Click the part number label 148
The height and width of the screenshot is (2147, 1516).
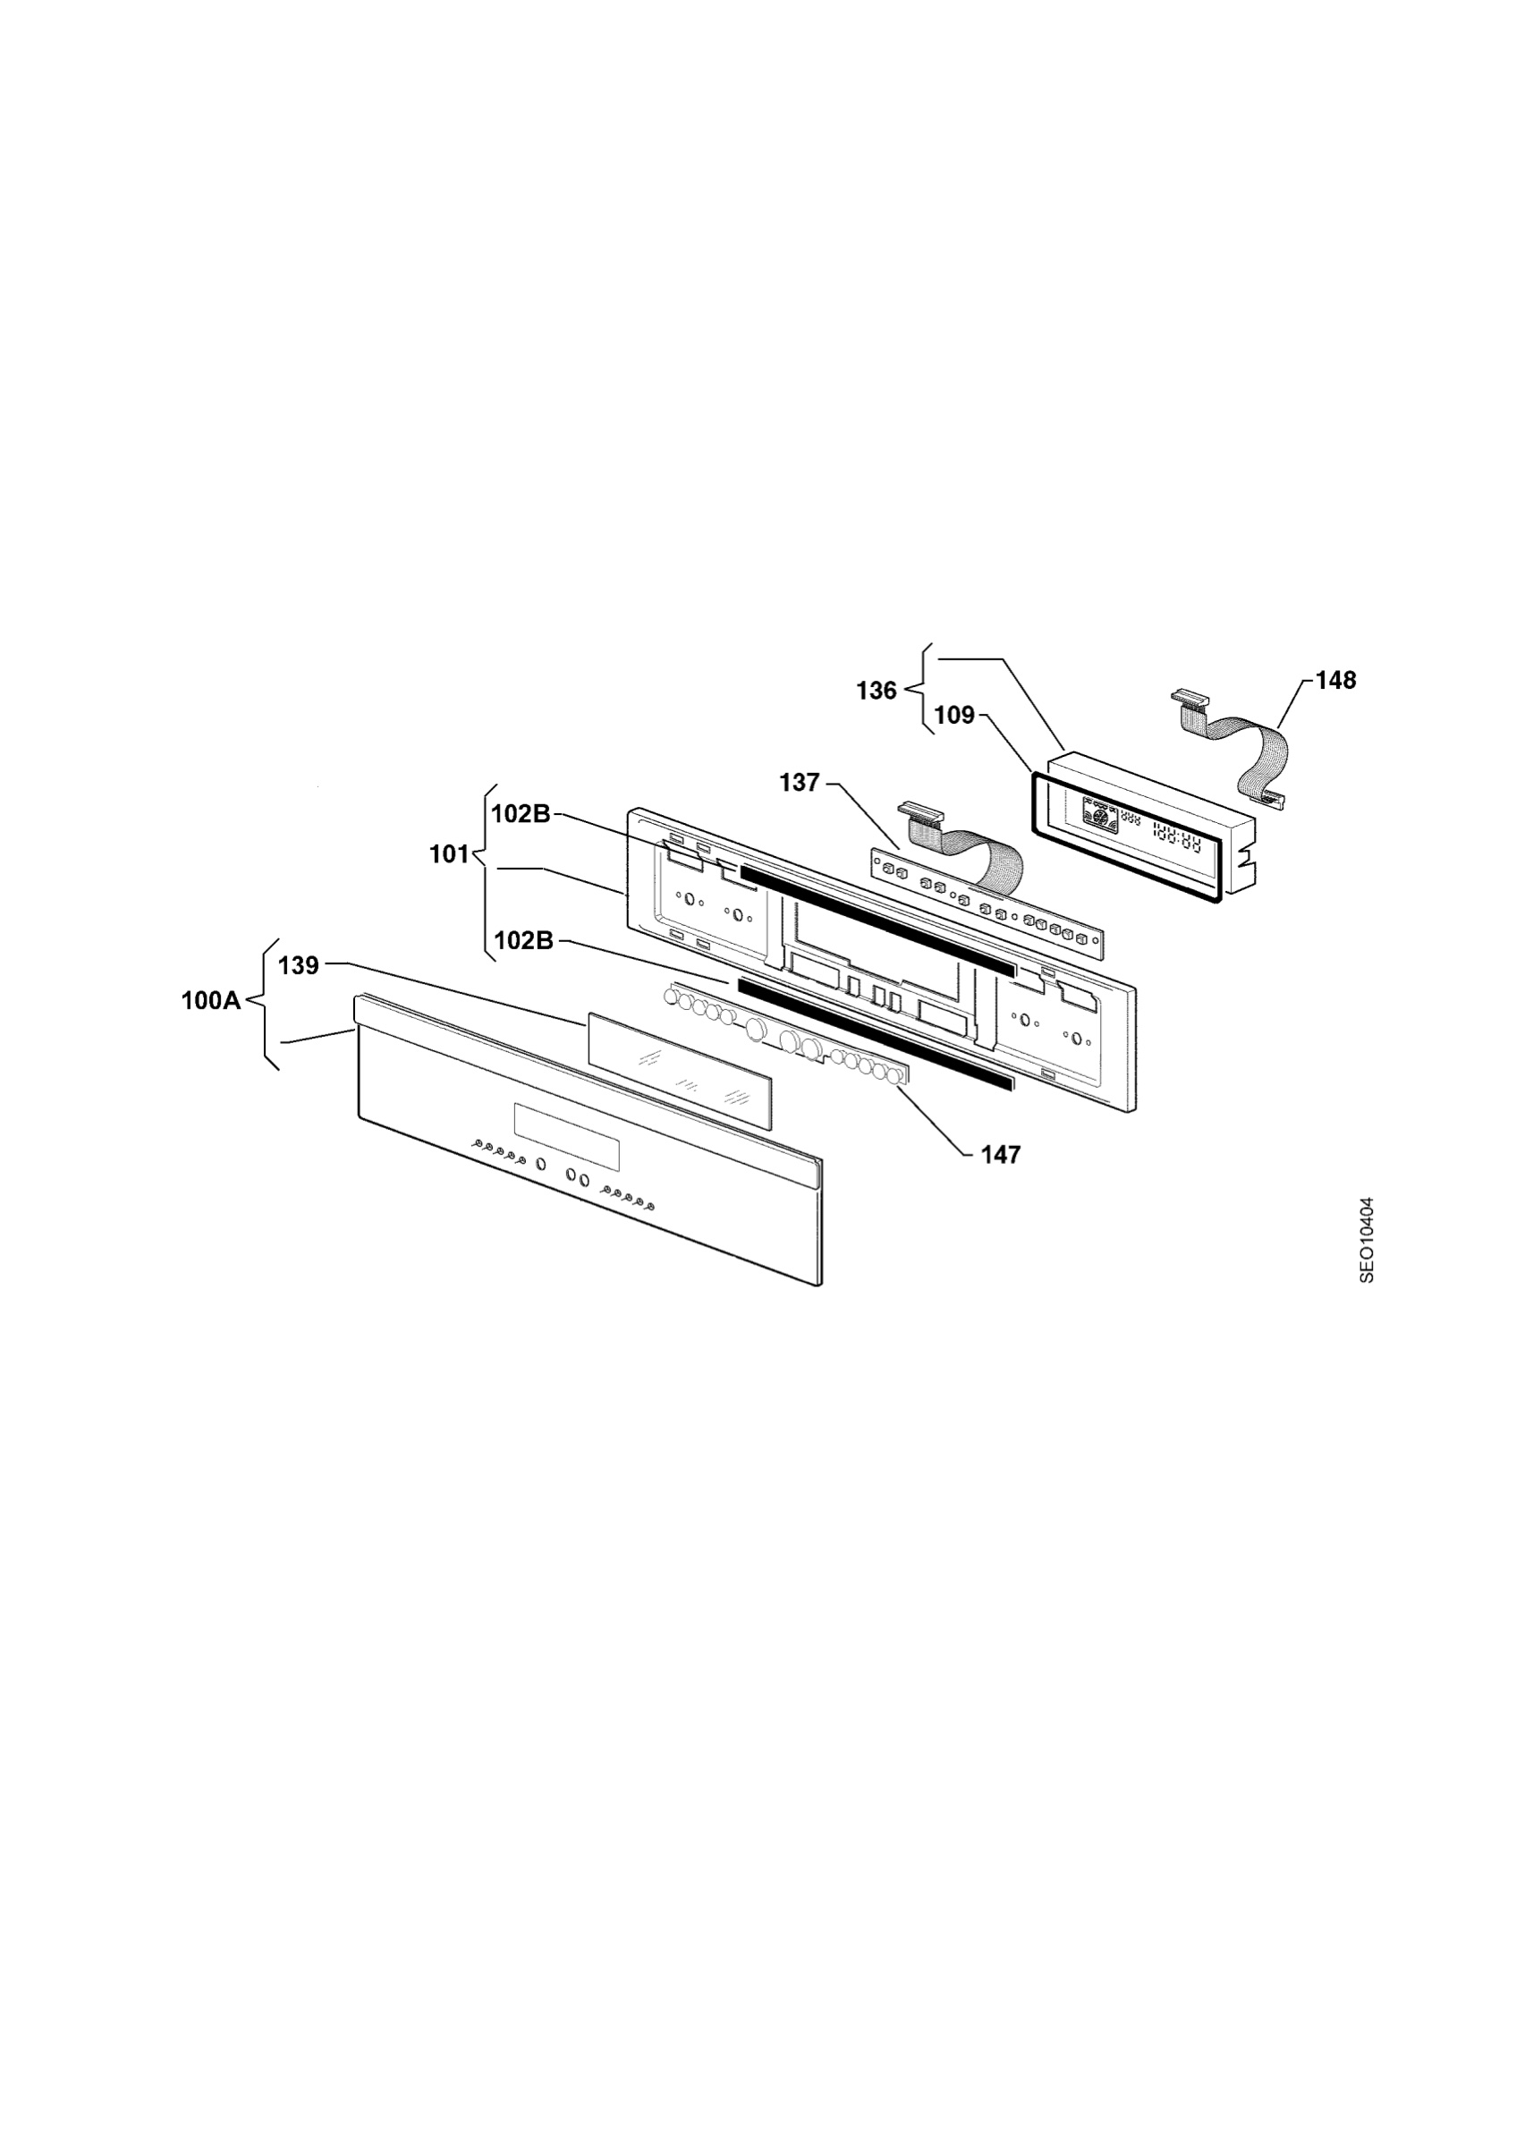click(1335, 681)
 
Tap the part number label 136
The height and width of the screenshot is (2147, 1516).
click(877, 691)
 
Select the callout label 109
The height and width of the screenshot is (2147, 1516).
click(954, 716)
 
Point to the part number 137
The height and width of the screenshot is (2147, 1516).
click(800, 783)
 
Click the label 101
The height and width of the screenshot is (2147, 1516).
click(449, 853)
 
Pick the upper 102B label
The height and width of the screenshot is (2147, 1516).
click(521, 813)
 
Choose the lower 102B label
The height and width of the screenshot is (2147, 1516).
click(523, 941)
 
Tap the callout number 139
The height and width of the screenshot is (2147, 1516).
click(299, 965)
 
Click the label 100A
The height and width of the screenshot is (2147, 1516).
click(210, 1000)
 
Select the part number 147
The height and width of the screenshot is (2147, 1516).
click(1000, 1155)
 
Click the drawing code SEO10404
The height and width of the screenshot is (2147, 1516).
click(1367, 1240)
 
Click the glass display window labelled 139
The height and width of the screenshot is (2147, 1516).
click(680, 1070)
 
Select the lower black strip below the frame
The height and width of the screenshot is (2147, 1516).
click(875, 1034)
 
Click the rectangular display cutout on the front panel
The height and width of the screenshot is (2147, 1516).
click(566, 1136)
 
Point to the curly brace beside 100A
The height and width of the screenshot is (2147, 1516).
click(260, 1003)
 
